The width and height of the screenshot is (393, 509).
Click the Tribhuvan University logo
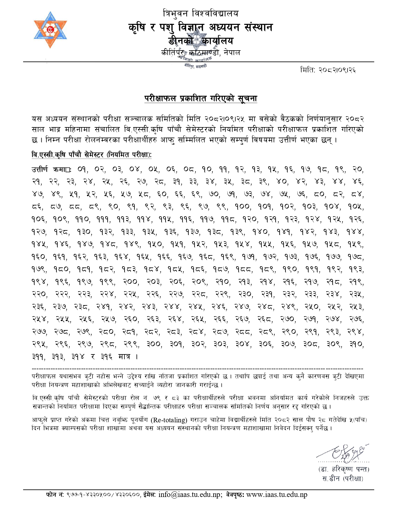50,30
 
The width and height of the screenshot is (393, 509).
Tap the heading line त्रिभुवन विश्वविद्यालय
200,14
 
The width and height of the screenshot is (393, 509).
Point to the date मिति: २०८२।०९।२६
328,70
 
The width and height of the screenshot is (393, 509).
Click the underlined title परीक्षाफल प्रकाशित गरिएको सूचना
201,99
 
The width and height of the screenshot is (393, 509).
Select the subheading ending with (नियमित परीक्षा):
92,155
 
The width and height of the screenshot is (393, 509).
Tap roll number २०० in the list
131,282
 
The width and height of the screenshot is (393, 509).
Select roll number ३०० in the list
154,344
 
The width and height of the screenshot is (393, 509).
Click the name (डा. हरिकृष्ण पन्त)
344,469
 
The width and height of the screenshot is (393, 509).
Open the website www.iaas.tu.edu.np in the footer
277,495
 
